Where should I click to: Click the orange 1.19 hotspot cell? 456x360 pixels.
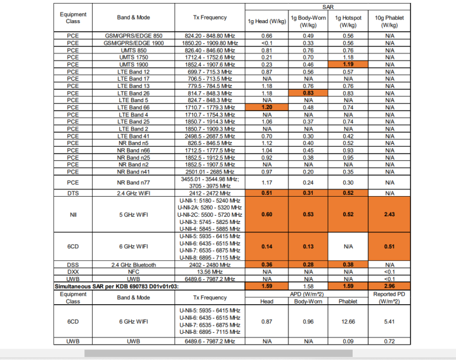pyautogui.click(x=348, y=65)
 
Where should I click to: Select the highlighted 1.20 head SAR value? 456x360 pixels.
pyautogui.click(x=267, y=108)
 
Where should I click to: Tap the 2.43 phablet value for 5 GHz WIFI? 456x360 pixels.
pyautogui.click(x=389, y=214)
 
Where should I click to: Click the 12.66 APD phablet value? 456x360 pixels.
pyautogui.click(x=348, y=321)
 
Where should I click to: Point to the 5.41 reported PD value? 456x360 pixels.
pyautogui.click(x=389, y=321)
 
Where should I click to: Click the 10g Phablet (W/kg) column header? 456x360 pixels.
pyautogui.click(x=389, y=22)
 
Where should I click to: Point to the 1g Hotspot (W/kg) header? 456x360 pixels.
pyautogui.click(x=348, y=22)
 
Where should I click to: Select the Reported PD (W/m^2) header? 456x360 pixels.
pyautogui.click(x=389, y=298)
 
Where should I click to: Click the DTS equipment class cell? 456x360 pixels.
pyautogui.click(x=73, y=194)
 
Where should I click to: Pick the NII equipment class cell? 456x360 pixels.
pyautogui.click(x=73, y=214)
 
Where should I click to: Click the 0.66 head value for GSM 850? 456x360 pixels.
pyautogui.click(x=267, y=36)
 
